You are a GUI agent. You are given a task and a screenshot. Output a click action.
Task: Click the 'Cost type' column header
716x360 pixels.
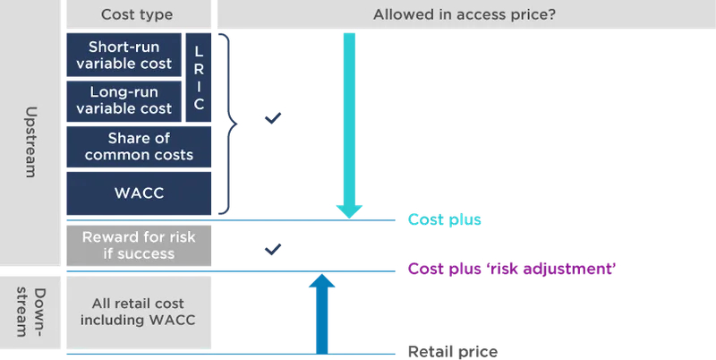pyautogui.click(x=137, y=14)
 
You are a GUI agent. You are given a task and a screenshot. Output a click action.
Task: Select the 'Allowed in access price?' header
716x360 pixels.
pyautogui.click(x=465, y=14)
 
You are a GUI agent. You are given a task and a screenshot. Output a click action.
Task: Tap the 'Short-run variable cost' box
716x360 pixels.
pyautogui.click(x=124, y=55)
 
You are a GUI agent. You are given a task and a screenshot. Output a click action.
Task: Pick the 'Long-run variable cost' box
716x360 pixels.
pyautogui.click(x=124, y=100)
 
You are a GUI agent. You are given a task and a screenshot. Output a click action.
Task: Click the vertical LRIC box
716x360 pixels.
pyautogui.click(x=199, y=78)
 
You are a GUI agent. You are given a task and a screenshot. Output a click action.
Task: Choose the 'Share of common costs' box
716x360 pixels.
pyautogui.click(x=139, y=147)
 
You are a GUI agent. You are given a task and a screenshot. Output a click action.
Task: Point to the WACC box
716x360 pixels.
pyautogui.click(x=139, y=193)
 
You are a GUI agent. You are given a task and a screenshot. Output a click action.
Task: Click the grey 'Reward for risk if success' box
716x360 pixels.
pyautogui.click(x=139, y=245)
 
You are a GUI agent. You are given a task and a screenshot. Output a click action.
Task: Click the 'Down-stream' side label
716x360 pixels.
pyautogui.click(x=30, y=313)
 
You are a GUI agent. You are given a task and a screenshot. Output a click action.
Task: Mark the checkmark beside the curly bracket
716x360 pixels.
pyautogui.click(x=274, y=118)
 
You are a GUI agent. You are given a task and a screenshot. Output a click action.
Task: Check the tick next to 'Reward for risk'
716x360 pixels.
pyautogui.click(x=274, y=248)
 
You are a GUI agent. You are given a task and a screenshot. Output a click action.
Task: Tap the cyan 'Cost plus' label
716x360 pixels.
pyautogui.click(x=445, y=219)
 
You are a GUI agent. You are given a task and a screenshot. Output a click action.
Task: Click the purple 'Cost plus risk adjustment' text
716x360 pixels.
pyautogui.click(x=513, y=269)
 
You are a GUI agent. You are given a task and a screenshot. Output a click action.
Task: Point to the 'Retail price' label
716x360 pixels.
pyautogui.click(x=453, y=352)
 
